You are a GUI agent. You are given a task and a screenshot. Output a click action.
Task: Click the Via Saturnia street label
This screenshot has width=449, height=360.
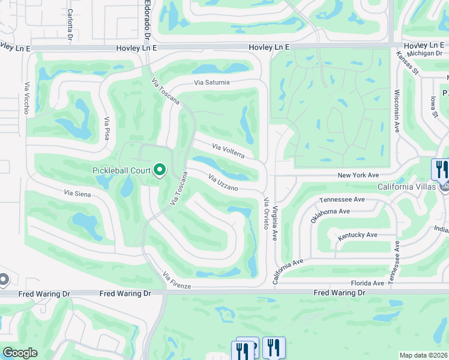[212, 82]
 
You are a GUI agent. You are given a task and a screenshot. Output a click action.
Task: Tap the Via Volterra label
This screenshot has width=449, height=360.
[228, 151]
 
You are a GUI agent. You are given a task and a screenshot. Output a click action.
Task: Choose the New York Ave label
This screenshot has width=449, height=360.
[358, 175]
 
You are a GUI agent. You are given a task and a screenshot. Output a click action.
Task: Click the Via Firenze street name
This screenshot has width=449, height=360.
[176, 281]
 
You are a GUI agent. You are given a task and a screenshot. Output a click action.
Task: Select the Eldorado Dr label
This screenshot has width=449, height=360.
[148, 21]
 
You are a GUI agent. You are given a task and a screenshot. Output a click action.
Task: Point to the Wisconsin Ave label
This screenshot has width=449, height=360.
[397, 112]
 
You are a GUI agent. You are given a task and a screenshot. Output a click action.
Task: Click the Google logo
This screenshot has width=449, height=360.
[20, 353]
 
